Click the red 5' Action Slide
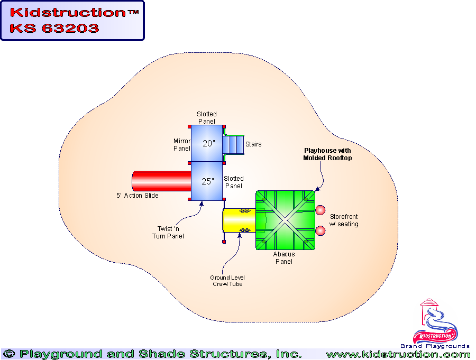click(x=161, y=181)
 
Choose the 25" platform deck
click(x=207, y=181)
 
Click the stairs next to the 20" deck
click(x=233, y=144)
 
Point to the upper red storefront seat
click(x=320, y=210)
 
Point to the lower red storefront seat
click(x=320, y=230)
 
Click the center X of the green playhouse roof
click(x=286, y=219)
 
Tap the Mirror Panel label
click(x=181, y=145)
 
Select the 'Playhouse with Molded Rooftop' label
click(x=327, y=154)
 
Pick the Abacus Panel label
click(x=284, y=257)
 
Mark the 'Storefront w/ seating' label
click(x=344, y=220)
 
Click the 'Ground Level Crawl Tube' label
click(x=227, y=281)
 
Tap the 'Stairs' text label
click(x=253, y=144)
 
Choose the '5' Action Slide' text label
click(x=138, y=196)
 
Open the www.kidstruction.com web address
click(x=398, y=354)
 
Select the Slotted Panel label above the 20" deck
click(x=207, y=117)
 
